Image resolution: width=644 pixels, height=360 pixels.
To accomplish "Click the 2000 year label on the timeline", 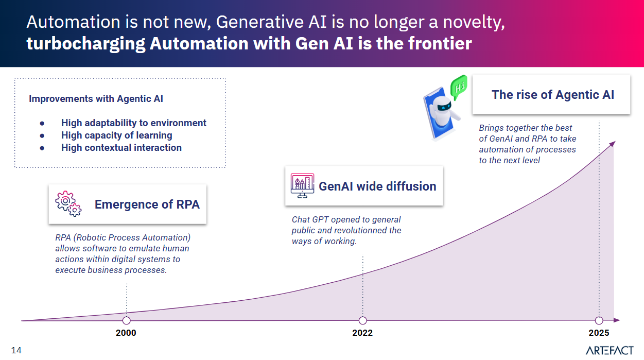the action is point(126,333).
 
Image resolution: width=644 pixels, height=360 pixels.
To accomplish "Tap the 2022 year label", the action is point(362,333).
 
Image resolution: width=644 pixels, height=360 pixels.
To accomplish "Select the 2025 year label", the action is point(599,333).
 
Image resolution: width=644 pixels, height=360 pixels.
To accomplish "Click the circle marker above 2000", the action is point(126,320).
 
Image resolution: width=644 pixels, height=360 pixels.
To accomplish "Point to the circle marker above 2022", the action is point(363,320).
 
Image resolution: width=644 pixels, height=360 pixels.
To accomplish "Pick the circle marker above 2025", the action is point(599,320).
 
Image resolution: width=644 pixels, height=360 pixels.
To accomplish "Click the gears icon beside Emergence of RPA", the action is point(68,203).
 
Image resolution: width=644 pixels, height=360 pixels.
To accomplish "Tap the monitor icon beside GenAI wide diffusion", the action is point(302,186).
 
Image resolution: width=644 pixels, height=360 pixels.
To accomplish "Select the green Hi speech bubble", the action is point(459,87).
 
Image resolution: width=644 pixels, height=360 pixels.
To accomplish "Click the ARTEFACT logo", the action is point(610,350).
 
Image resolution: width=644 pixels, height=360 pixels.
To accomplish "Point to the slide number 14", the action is point(16,350).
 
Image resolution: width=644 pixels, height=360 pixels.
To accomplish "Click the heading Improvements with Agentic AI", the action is point(96,98).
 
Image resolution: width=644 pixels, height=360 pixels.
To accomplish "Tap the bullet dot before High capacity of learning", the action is point(42,136).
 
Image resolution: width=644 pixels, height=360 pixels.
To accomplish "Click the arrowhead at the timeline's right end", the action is point(617,320).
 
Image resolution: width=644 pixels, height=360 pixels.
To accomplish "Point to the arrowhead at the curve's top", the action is point(613,144).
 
